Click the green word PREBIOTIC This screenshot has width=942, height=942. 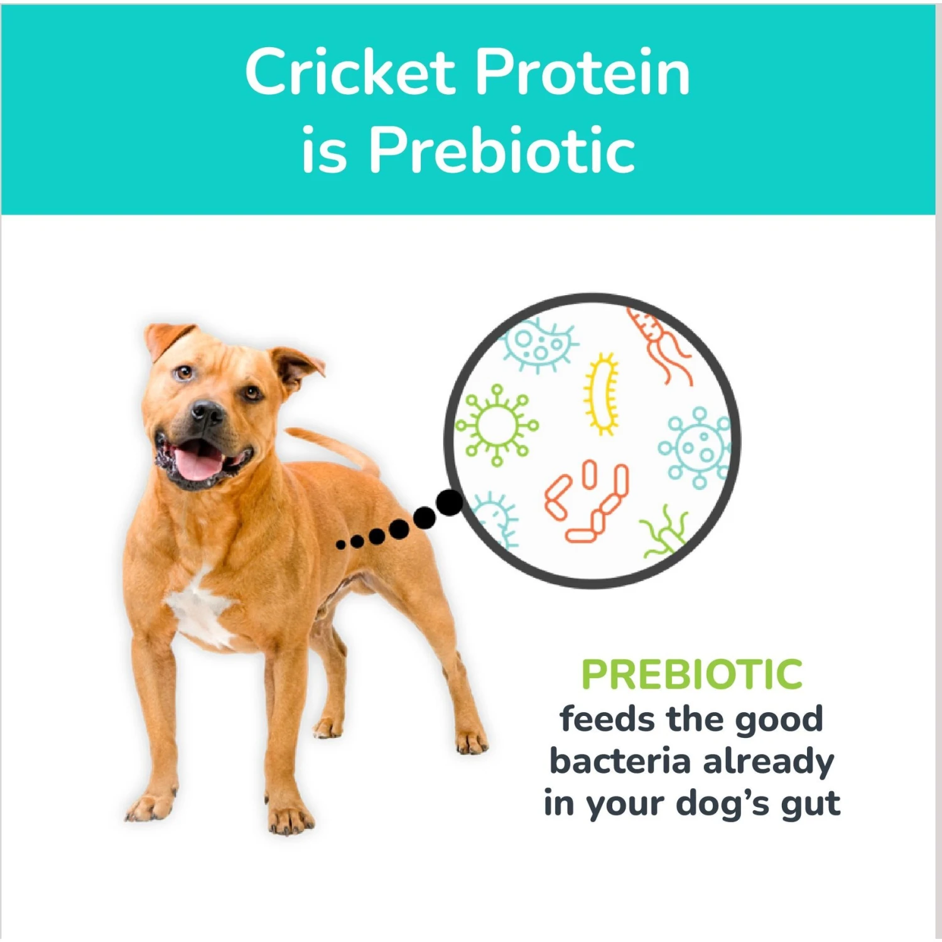[692, 674]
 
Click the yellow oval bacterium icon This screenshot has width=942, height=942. [602, 394]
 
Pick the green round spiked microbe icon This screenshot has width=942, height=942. [497, 425]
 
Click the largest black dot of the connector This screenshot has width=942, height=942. [449, 503]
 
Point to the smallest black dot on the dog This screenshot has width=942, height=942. [341, 544]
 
